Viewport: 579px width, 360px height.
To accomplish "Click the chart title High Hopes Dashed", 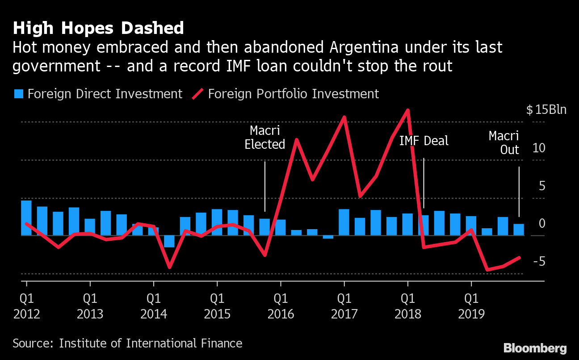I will (98, 28).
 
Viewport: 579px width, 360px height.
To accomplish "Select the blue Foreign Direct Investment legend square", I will (18, 94).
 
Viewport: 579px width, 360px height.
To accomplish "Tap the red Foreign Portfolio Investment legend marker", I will (197, 94).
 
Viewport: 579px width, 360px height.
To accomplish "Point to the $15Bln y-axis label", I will (546, 110).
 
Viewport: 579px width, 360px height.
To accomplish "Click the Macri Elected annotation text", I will (265, 138).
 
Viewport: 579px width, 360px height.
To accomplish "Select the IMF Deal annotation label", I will (424, 141).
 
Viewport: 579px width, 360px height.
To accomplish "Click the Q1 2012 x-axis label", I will (27, 306).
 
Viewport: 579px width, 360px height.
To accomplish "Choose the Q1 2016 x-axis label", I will (281, 306).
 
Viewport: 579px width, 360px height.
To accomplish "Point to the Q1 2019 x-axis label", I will (471, 306).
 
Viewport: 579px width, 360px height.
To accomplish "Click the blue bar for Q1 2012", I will (26, 218).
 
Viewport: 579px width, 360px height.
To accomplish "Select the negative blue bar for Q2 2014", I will (169, 241).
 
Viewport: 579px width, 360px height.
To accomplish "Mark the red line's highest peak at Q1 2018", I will (407, 110).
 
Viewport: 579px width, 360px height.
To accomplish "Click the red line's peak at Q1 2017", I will (344, 117).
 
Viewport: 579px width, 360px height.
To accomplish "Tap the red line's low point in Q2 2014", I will (169, 267).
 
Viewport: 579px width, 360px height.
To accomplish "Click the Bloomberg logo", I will (535, 348).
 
